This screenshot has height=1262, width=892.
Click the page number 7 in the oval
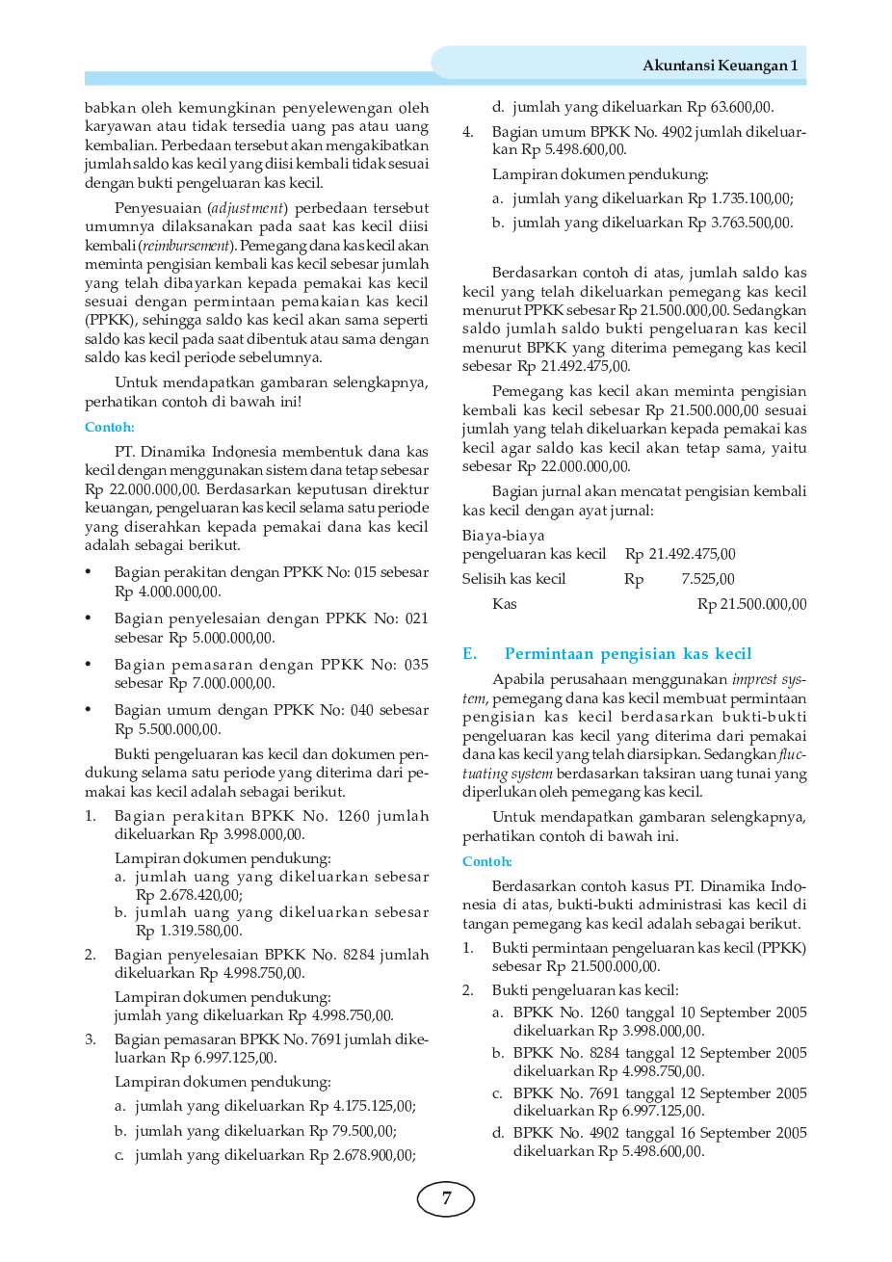pos(445,1198)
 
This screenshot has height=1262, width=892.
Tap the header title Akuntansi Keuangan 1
pos(720,66)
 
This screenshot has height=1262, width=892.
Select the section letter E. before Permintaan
pos(469,654)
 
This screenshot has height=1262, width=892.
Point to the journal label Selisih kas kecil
pos(513,579)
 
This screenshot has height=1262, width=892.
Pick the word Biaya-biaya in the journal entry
pos(503,536)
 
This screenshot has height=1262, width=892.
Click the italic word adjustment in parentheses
pos(248,208)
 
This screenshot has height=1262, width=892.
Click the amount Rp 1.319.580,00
pos(189,931)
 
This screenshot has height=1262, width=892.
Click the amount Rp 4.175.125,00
pos(362,1107)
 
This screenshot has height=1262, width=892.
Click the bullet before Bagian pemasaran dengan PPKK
pos(89,665)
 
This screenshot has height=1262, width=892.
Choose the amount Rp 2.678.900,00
pos(362,1155)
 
